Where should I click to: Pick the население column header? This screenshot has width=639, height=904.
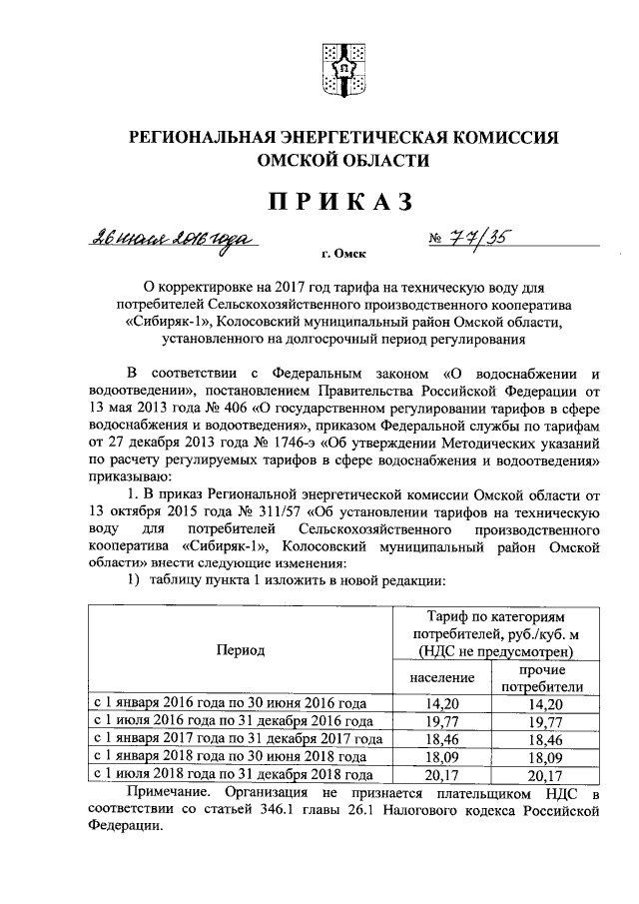[x=439, y=679]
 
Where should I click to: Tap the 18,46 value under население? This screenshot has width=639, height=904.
[x=439, y=738]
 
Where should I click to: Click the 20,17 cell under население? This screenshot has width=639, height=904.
[x=439, y=774]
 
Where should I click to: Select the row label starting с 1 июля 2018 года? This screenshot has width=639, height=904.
[x=234, y=774]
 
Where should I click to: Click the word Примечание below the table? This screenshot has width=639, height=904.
[x=170, y=793]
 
